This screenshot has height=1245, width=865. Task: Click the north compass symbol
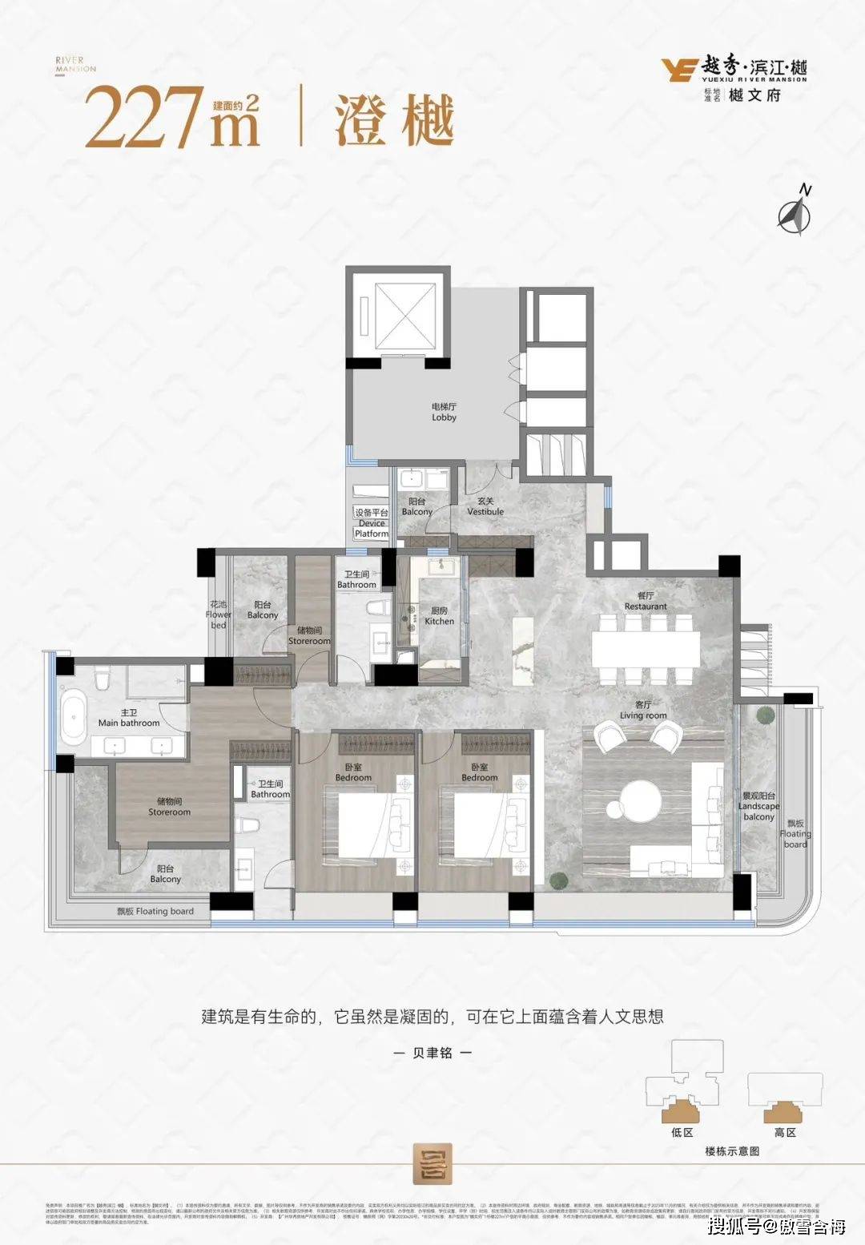point(796,212)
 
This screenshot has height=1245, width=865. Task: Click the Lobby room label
point(444,413)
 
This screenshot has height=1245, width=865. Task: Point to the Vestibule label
point(485,506)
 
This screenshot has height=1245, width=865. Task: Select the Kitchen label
point(439,616)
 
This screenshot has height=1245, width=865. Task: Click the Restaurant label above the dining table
point(646,601)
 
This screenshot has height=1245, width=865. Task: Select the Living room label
point(642,711)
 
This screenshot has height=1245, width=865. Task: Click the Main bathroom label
point(129,717)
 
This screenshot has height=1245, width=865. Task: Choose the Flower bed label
point(219,614)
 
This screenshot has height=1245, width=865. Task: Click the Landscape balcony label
point(758,806)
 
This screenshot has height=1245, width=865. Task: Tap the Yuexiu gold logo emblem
point(678,70)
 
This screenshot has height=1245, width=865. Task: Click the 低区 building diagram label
point(682,1132)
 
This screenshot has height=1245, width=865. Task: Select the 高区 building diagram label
point(785,1132)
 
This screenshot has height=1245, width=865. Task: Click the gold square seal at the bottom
point(432,1162)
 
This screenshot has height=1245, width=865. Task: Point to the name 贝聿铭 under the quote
point(432,1053)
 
